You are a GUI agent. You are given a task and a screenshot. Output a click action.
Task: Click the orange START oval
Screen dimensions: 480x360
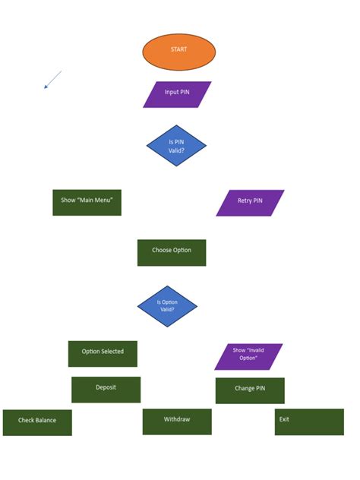(179, 52)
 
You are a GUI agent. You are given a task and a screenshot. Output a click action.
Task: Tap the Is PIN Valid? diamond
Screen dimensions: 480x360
(176, 146)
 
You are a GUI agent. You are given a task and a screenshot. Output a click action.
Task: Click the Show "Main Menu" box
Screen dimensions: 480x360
(87, 203)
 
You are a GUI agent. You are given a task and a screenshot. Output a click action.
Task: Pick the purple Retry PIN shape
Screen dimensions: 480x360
(250, 203)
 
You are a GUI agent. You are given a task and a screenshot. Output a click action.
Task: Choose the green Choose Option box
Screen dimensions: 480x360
(172, 252)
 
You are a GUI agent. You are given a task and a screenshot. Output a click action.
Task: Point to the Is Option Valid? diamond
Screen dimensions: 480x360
(167, 306)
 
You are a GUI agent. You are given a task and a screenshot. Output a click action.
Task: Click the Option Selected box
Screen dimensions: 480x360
(103, 353)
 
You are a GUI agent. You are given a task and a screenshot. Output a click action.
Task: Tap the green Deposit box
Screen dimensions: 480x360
(106, 389)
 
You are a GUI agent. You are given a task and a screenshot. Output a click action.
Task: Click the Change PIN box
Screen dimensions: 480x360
(250, 390)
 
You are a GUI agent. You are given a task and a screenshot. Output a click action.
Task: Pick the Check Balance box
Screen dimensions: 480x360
(37, 422)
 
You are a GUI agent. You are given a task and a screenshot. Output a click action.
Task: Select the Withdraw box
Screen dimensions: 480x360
(177, 422)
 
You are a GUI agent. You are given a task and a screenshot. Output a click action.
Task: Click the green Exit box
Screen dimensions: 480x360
(309, 422)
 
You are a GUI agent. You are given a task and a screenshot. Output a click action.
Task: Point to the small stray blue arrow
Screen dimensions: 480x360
(52, 80)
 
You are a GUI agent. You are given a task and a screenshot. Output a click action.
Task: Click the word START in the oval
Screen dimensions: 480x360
(179, 49)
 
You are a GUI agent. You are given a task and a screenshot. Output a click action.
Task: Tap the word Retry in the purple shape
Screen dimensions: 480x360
(244, 201)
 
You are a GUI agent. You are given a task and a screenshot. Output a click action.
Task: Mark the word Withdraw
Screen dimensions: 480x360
(177, 419)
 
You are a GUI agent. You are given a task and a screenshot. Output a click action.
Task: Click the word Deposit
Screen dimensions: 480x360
(106, 387)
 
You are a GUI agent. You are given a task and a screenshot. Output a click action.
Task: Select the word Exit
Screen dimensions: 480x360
(284, 419)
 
